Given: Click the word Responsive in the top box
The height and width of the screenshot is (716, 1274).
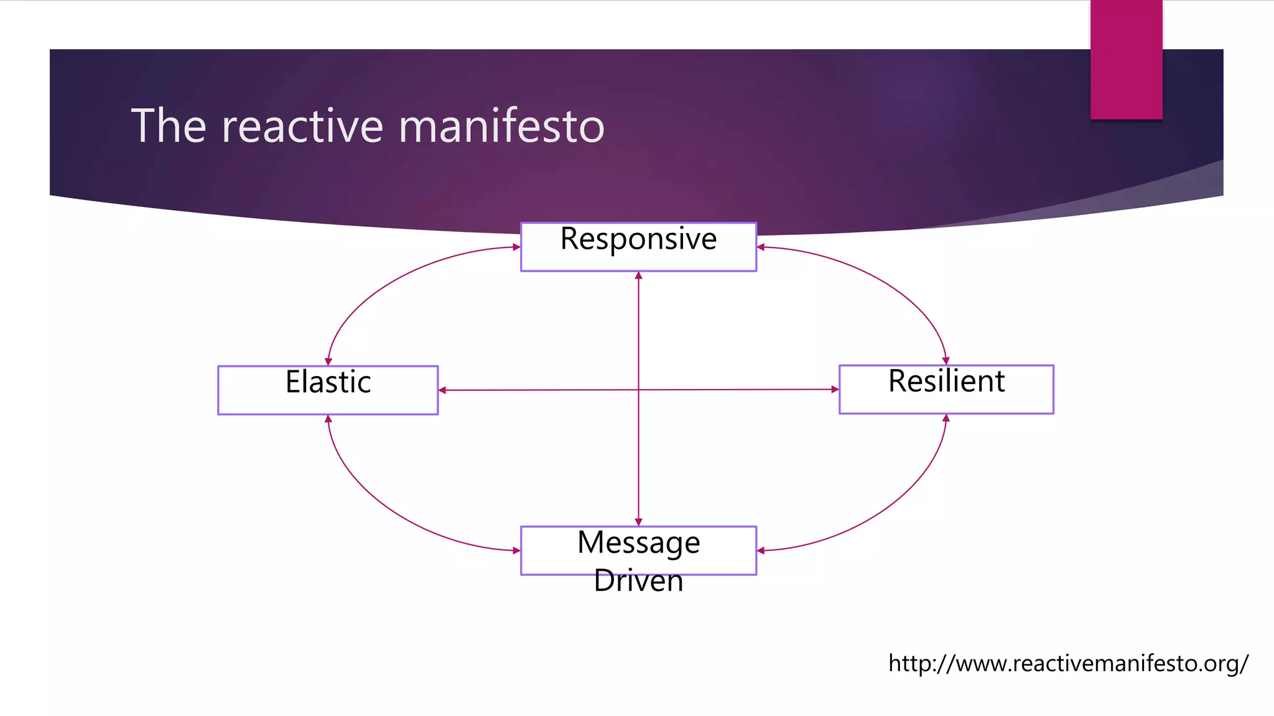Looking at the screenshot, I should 638,239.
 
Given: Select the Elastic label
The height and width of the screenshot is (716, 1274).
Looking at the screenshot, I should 328,382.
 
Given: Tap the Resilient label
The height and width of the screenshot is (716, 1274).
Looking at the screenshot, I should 946,381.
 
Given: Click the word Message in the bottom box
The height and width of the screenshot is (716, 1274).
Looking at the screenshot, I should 638,543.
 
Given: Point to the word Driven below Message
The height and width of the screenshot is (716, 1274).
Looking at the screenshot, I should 638,581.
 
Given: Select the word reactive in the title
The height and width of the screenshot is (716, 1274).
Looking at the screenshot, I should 303,126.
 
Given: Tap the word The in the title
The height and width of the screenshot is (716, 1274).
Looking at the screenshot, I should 168,126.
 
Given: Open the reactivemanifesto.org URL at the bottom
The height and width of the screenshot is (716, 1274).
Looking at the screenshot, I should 1067,664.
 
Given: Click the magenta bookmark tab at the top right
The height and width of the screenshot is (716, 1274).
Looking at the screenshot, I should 1126,60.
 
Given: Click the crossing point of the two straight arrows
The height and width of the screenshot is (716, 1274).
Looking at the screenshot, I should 638,390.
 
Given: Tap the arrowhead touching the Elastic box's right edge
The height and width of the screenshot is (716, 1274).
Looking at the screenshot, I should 442,390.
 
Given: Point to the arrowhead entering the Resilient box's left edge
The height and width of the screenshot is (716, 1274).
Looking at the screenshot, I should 835,390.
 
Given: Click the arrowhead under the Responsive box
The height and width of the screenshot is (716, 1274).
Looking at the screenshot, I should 638,275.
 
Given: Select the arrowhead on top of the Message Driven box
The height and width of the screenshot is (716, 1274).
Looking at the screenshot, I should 638,522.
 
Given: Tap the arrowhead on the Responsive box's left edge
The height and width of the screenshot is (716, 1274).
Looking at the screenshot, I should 516,247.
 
